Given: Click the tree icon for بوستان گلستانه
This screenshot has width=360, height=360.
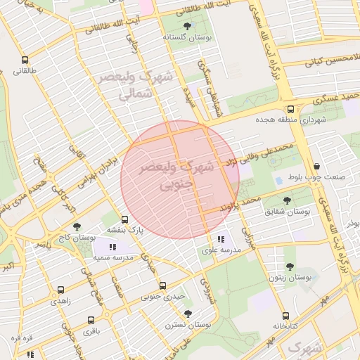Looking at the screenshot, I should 186,27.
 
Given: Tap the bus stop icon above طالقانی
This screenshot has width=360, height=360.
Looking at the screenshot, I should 25,60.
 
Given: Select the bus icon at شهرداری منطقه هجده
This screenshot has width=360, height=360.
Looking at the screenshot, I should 290,109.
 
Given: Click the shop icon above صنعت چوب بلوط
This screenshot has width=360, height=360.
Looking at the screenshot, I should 317,167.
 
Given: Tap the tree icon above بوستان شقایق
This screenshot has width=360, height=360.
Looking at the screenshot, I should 289,200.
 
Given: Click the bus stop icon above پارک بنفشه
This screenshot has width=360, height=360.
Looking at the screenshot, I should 125,219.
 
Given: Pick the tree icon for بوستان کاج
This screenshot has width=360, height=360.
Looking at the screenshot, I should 77,226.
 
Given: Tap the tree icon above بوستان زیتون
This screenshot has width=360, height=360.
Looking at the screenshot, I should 290,266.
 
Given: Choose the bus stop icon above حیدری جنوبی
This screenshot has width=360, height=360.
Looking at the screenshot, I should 162,285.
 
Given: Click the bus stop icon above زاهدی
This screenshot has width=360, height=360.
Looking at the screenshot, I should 60,290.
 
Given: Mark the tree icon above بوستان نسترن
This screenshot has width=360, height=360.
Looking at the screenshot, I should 187,314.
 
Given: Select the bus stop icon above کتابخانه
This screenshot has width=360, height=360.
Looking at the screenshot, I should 285,316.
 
